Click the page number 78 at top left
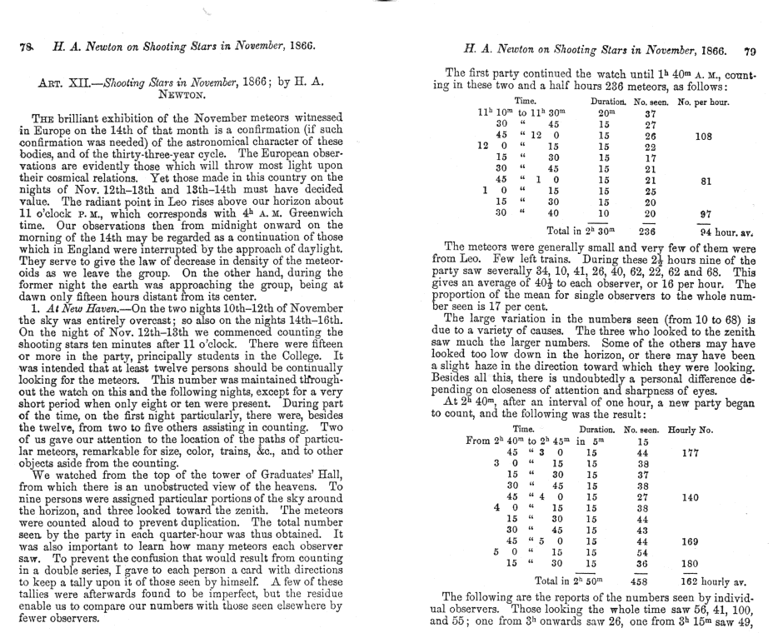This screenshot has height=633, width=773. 22,49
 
